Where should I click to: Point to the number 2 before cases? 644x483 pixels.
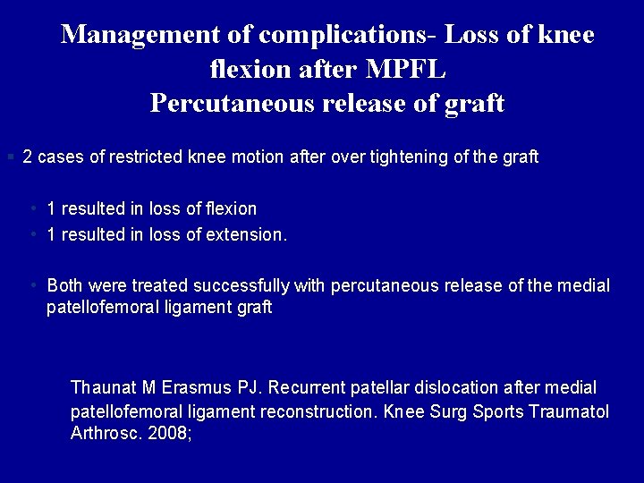(x=28, y=157)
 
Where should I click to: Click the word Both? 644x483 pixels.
(x=65, y=285)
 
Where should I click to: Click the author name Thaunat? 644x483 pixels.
(x=104, y=388)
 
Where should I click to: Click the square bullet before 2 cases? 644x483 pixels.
(x=10, y=157)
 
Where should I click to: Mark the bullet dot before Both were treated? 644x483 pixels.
(x=32, y=285)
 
